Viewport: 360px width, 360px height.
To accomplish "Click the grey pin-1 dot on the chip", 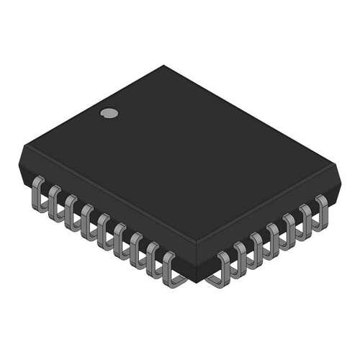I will click(109, 112).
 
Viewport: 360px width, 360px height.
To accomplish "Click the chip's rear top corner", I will click(164, 66).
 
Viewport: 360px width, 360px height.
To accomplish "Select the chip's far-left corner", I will click(22, 148).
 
